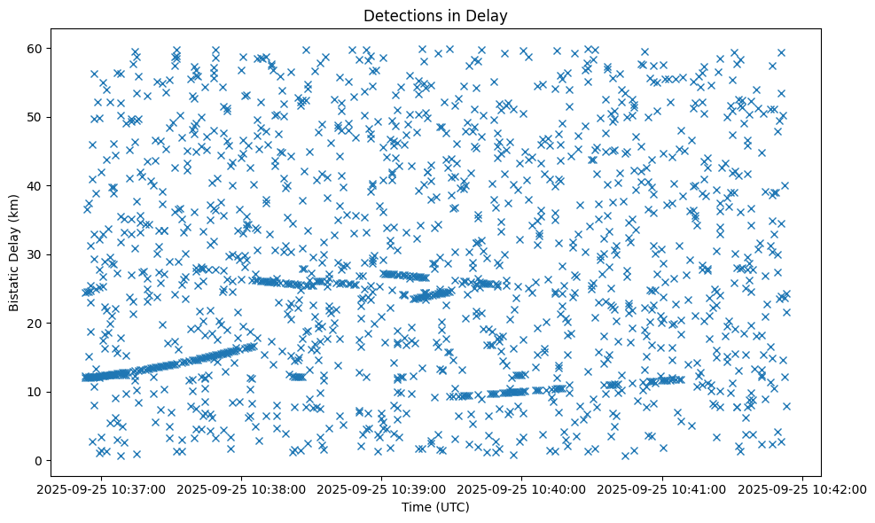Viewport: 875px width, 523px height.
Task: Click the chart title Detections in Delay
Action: (437, 15)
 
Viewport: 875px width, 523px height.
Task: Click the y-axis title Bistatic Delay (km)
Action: (14, 252)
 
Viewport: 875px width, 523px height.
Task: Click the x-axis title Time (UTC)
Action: (437, 507)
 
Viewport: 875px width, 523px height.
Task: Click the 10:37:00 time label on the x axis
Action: (102, 488)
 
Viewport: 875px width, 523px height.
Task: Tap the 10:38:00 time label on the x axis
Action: (242, 488)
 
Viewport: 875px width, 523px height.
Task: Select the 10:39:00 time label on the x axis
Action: (382, 488)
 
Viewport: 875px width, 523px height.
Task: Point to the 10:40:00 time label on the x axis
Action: (522, 488)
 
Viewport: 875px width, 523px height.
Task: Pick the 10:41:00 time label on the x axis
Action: (662, 488)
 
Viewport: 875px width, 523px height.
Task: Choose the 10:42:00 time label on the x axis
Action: (802, 488)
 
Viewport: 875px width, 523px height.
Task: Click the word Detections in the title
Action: (409, 15)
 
